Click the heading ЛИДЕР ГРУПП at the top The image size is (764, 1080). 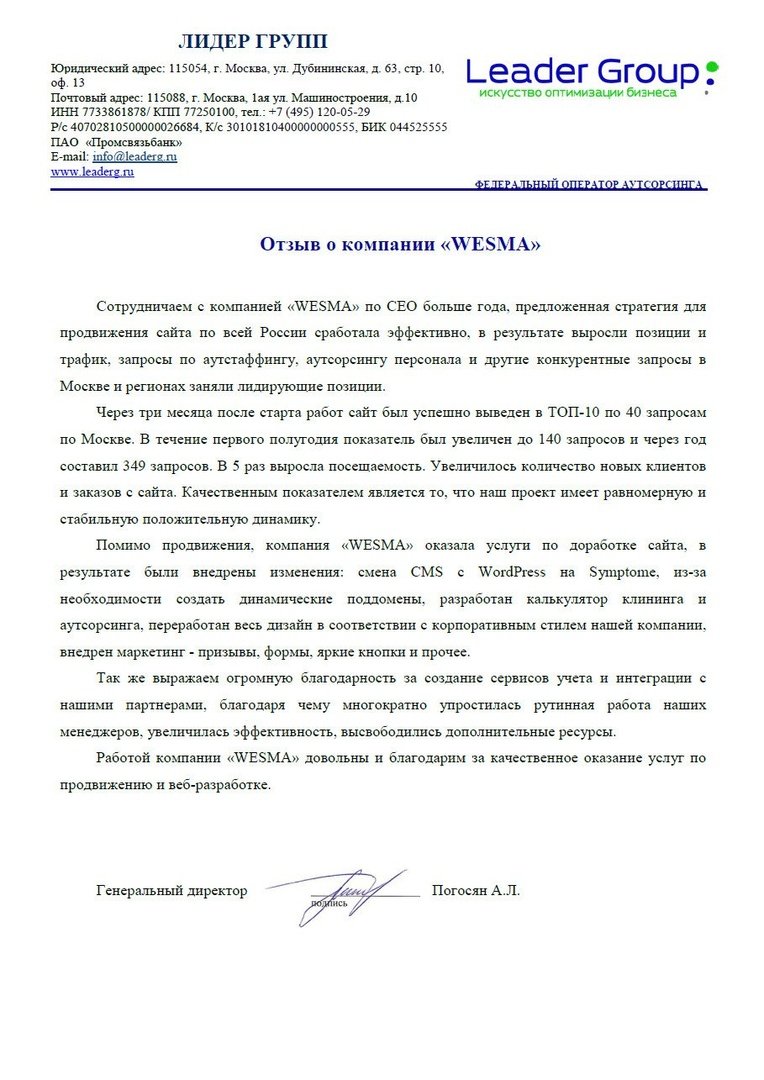pyautogui.click(x=252, y=41)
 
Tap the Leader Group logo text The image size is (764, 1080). pyautogui.click(x=584, y=72)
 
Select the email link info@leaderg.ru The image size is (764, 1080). pyautogui.click(x=134, y=157)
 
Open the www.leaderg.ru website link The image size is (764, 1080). pyautogui.click(x=92, y=172)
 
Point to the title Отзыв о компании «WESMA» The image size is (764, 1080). pyautogui.click(x=400, y=245)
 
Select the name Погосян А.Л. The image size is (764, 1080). pyautogui.click(x=476, y=890)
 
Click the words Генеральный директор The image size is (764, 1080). pyautogui.click(x=172, y=890)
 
